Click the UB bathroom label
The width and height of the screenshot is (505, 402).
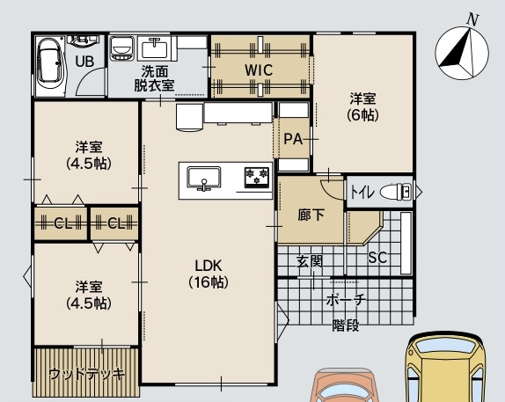(x=85, y=62)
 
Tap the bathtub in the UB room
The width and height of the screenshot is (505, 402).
(x=50, y=66)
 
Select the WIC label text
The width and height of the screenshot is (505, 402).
(x=259, y=70)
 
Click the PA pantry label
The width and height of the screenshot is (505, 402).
(x=293, y=139)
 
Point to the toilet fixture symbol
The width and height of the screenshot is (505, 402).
(x=396, y=192)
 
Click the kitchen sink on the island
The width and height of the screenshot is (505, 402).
(x=204, y=178)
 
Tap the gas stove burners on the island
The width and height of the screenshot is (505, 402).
(x=257, y=177)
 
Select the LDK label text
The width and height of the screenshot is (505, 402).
(x=209, y=266)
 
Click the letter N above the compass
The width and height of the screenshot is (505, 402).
(x=472, y=20)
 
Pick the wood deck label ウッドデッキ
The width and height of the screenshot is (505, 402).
(x=86, y=374)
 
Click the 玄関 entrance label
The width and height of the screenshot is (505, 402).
(x=309, y=261)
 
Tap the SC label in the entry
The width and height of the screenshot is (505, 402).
(x=377, y=258)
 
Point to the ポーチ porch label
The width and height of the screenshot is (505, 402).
(x=346, y=300)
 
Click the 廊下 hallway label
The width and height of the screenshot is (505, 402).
(x=311, y=216)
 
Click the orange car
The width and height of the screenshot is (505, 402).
(x=344, y=385)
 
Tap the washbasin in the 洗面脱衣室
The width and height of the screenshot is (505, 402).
(x=155, y=48)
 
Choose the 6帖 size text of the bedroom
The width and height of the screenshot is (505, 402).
(x=363, y=115)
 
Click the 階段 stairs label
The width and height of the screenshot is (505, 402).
(x=346, y=325)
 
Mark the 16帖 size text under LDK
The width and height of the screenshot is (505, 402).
(x=209, y=282)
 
